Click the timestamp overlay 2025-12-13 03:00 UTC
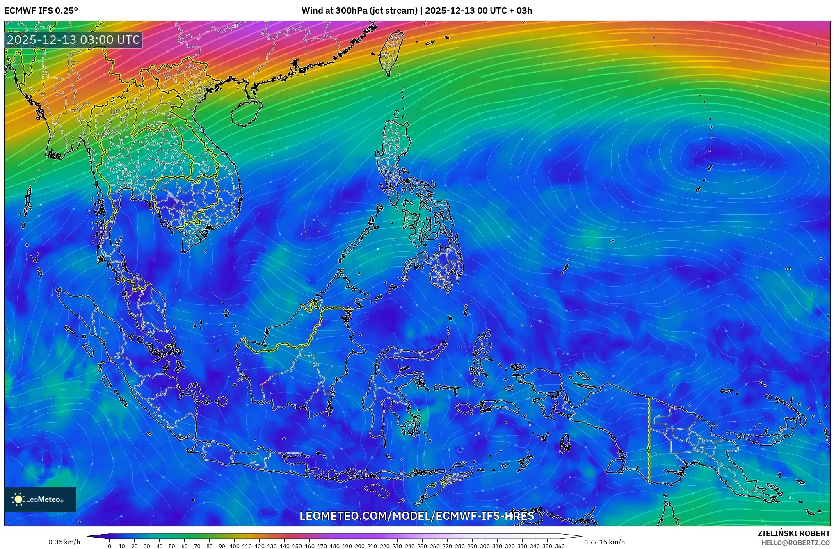coord(74,40)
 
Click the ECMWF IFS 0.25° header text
coord(41,11)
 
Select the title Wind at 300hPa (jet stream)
coord(359,11)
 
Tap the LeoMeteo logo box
coord(40,499)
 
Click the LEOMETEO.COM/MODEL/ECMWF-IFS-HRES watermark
coord(417,516)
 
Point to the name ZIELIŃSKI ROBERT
coord(793,533)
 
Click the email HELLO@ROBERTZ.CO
coord(795,543)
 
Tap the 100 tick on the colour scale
coord(234,546)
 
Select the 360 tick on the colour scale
coord(560,546)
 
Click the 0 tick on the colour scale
coord(109,546)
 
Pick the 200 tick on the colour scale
coord(359,546)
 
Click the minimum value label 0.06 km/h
coord(64,542)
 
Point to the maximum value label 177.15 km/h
coord(605,542)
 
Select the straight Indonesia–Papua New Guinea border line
coord(649,439)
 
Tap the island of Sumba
coord(377,490)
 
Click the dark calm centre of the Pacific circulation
coord(724,155)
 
